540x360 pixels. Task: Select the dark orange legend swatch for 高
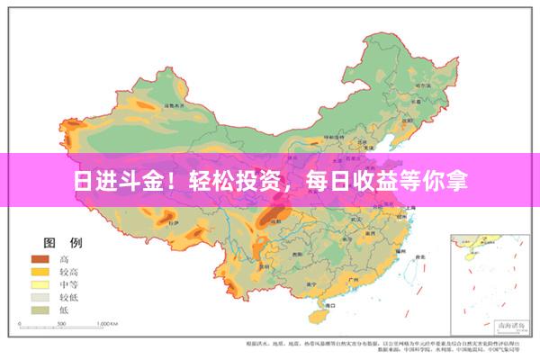40,258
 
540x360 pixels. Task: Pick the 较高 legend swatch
40,271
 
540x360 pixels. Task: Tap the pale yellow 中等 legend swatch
40,283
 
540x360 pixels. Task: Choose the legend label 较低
70,296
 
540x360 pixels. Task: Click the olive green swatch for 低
40,309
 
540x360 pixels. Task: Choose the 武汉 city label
355,218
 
